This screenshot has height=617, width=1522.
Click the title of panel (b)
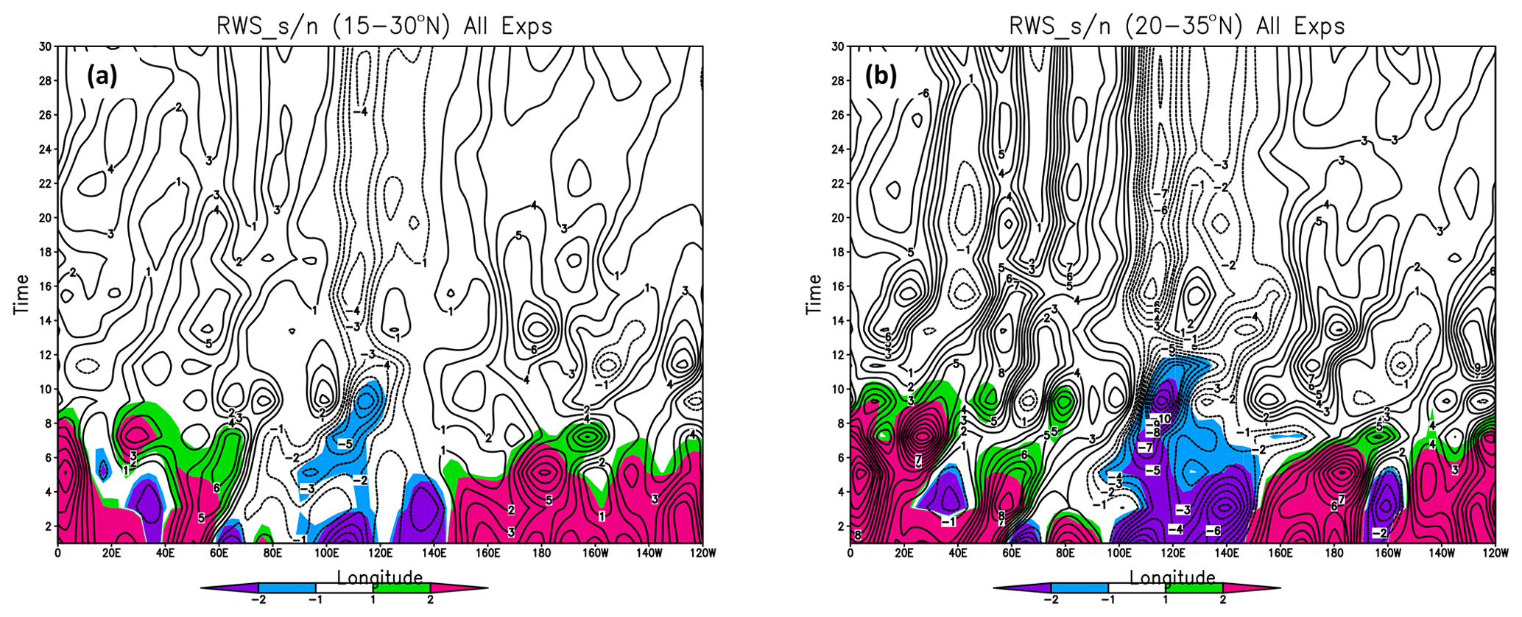click(x=1177, y=27)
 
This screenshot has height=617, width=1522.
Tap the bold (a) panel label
click(x=102, y=76)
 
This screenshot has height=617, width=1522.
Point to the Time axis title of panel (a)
click(x=21, y=295)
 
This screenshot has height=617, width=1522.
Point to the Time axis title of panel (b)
click(x=814, y=295)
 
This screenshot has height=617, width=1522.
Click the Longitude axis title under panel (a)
click(x=380, y=577)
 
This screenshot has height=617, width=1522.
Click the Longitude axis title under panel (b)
click(x=1172, y=577)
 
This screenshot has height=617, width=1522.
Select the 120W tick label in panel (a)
click(x=701, y=552)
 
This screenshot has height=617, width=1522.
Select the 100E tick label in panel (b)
click(x=1118, y=552)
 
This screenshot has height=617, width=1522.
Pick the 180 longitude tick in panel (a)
click(x=540, y=552)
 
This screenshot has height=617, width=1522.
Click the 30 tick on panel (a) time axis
click(x=46, y=46)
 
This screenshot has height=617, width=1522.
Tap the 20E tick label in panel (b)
click(x=903, y=552)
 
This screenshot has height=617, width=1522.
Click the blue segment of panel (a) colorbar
click(x=286, y=588)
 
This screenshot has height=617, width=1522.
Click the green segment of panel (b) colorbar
click(x=1194, y=588)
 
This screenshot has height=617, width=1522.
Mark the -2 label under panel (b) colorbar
click(x=1050, y=600)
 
